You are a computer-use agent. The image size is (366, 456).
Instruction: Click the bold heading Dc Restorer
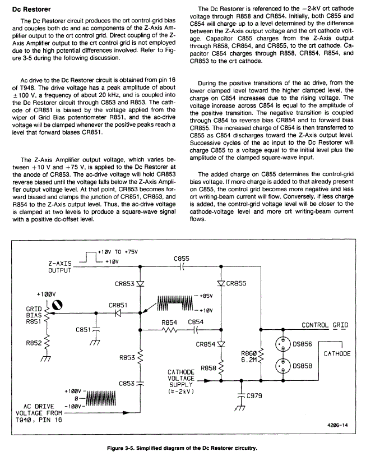pos(31,10)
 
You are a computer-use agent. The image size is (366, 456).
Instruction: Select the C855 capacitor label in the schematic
pos(182,259)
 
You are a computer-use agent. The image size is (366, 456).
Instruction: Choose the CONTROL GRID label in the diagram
pos(325,325)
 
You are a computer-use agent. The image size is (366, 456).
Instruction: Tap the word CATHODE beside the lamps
pos(337,353)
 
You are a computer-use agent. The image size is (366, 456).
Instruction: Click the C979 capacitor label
pos(254,397)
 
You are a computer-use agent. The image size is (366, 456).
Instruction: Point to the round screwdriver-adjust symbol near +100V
pos(57,305)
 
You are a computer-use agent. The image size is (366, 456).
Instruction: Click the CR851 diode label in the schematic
pos(118,305)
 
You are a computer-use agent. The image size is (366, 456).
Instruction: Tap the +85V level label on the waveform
pos(206,296)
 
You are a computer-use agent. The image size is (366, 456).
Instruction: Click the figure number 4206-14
pos(337,426)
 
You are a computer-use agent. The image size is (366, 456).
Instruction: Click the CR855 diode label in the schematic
pos(236,284)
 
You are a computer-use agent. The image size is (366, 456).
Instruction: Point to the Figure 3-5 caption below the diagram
pos(182,448)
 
